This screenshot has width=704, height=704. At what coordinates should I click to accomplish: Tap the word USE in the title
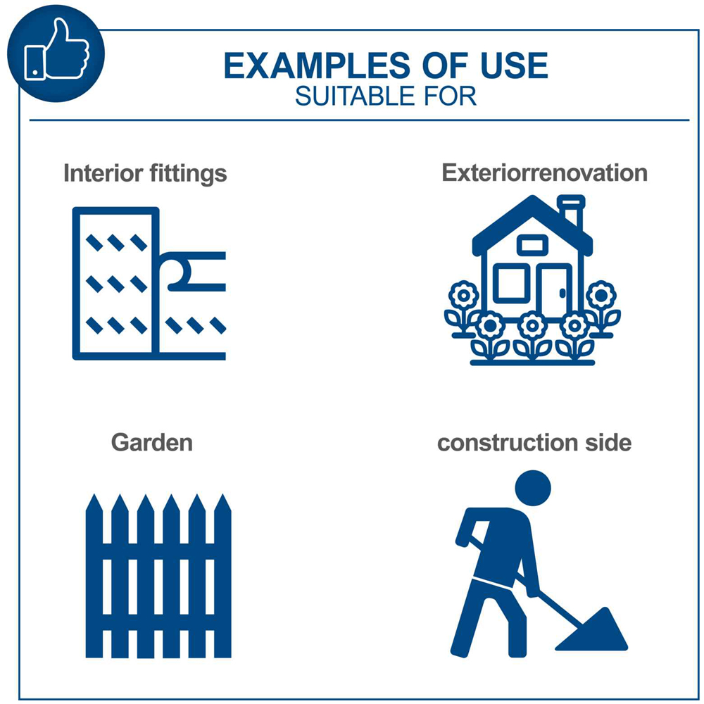point(515,65)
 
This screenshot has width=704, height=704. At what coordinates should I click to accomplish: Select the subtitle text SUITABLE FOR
point(386,96)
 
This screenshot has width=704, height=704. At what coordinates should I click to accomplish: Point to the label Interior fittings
point(145,173)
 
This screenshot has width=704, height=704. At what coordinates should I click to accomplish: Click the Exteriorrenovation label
point(545,173)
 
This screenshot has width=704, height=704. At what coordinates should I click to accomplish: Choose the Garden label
point(152,443)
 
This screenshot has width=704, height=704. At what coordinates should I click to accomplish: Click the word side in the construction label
point(608,442)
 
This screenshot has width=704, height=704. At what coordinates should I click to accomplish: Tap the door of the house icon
point(554,291)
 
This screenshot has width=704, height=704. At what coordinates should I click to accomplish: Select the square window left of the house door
point(511,283)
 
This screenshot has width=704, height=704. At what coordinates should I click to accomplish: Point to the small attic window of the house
point(532,245)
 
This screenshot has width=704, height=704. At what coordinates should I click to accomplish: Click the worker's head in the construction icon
point(533,488)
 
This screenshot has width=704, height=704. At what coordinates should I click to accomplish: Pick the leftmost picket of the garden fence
point(94,576)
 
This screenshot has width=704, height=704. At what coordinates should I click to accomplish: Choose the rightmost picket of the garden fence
point(222,576)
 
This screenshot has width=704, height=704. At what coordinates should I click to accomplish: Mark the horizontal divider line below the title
point(359,120)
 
